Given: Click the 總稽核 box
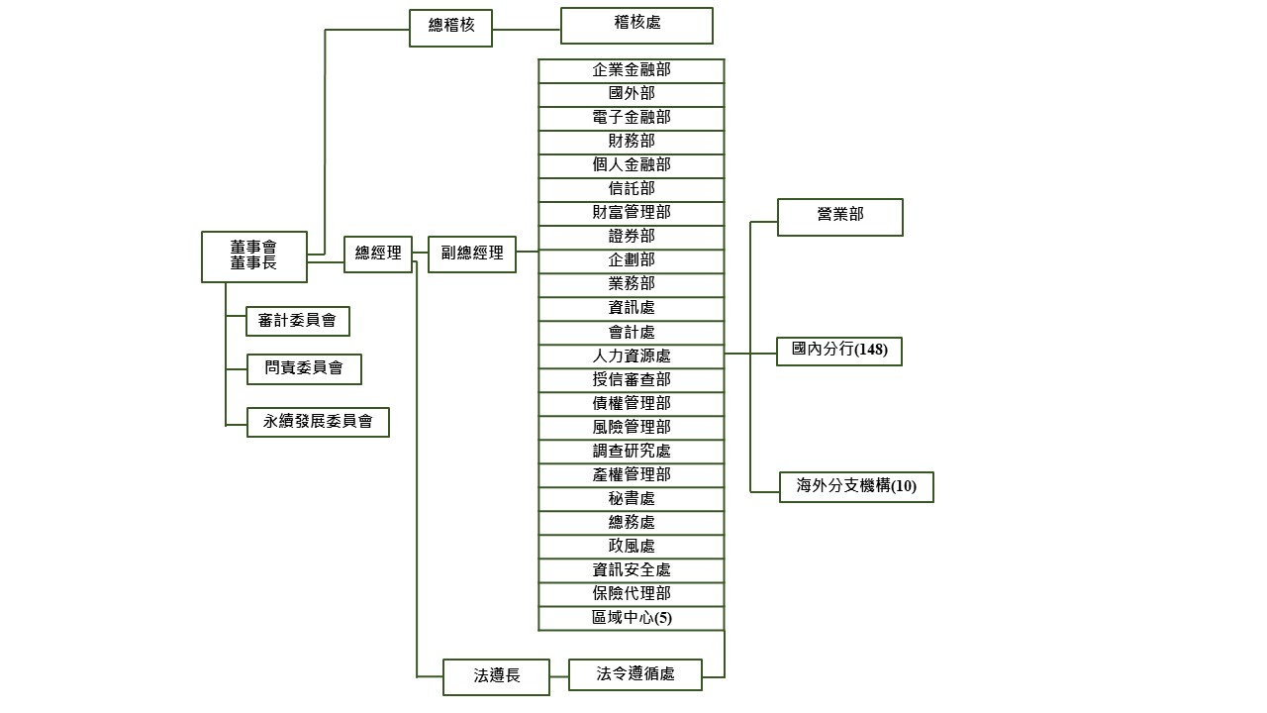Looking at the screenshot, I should pyautogui.click(x=450, y=27).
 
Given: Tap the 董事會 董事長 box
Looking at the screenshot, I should pyautogui.click(x=253, y=256).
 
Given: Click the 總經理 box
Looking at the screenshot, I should pyautogui.click(x=378, y=254).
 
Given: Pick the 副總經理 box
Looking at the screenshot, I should pyautogui.click(x=472, y=254).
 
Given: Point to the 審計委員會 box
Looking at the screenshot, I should pyautogui.click(x=297, y=321).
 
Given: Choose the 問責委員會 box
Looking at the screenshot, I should pyautogui.click(x=304, y=368).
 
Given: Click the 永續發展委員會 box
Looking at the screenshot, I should pyautogui.click(x=318, y=422).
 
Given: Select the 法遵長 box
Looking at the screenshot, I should pyautogui.click(x=496, y=676).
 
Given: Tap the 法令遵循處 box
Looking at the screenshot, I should pyautogui.click(x=635, y=674).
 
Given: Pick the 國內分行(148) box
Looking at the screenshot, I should pyautogui.click(x=839, y=351).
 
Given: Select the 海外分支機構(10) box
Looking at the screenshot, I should pyautogui.click(x=856, y=486).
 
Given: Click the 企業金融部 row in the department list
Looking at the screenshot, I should pyautogui.click(x=632, y=70).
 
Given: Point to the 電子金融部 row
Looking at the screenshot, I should pyautogui.click(x=632, y=118).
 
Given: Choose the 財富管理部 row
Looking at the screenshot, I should pyautogui.click(x=632, y=213).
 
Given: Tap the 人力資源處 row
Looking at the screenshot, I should pyautogui.click(x=632, y=356).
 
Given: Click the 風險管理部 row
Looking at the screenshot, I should pyautogui.click(x=632, y=428).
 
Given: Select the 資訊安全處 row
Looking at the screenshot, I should pyautogui.click(x=632, y=570).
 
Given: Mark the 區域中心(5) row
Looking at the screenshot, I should pyautogui.click(x=632, y=619).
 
